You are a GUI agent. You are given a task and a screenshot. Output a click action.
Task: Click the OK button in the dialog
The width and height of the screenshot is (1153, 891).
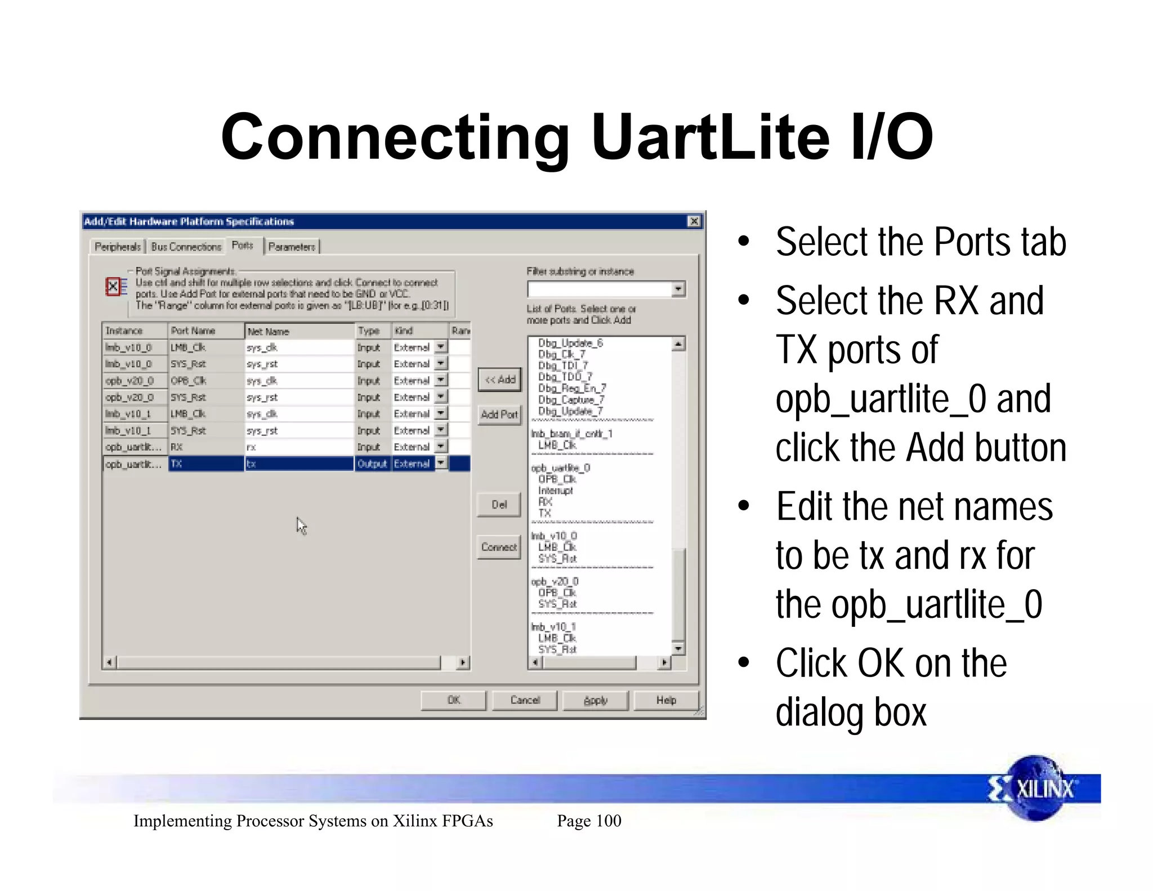(x=453, y=700)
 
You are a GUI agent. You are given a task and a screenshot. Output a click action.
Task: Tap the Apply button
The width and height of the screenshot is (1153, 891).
(x=595, y=700)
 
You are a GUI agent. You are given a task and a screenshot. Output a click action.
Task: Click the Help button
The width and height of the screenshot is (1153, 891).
(x=666, y=700)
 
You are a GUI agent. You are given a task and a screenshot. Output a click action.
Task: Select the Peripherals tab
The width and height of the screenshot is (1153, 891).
(x=117, y=247)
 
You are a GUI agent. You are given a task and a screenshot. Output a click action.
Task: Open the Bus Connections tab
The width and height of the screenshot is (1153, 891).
(x=186, y=247)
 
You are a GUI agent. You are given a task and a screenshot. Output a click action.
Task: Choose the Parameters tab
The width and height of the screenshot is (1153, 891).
(x=292, y=247)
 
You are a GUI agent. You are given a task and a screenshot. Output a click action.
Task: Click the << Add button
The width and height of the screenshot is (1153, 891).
(x=500, y=380)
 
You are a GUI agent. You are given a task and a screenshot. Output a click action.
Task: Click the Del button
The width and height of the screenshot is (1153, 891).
(x=499, y=505)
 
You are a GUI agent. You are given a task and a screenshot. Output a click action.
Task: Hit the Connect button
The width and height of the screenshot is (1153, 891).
(x=499, y=547)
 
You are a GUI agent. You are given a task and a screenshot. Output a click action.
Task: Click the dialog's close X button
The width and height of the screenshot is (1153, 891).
(x=694, y=221)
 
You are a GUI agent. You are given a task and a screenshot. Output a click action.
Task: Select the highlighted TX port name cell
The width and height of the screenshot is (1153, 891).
(x=205, y=464)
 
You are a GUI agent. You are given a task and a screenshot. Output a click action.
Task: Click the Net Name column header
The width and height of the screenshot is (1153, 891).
(x=298, y=331)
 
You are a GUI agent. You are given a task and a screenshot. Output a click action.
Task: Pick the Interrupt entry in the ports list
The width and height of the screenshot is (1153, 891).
(x=555, y=491)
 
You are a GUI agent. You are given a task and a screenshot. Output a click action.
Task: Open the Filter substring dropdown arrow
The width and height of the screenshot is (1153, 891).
(x=678, y=289)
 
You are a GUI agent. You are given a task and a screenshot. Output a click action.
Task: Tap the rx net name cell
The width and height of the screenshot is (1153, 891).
(x=298, y=447)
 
